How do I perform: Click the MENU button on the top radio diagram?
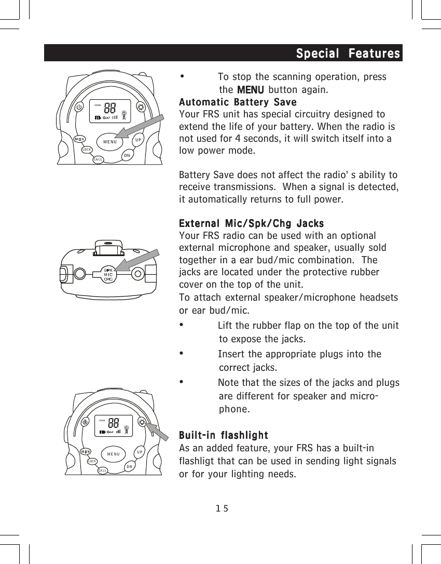(109, 141)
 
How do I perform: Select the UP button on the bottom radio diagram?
(140, 451)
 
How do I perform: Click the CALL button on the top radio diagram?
(98, 160)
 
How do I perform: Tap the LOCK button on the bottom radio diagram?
(92, 461)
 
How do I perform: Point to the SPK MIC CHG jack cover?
(108, 274)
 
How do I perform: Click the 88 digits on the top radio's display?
(109, 108)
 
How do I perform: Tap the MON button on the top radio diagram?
(79, 139)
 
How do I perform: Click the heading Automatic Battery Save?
(237, 102)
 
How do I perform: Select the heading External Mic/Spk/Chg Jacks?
(251, 224)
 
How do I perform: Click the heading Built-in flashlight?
(223, 435)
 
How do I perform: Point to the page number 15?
(222, 508)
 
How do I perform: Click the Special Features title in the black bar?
(348, 53)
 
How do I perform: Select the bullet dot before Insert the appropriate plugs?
(181, 353)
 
